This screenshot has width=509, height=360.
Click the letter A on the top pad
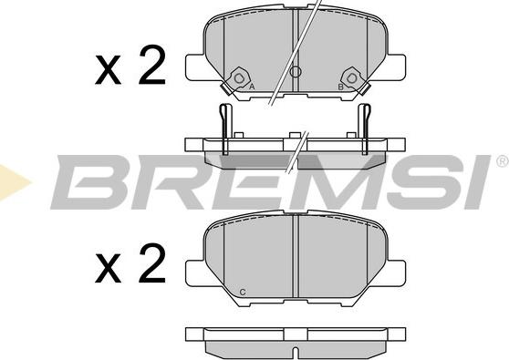click(252, 87)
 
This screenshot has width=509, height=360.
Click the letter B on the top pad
click(341, 87)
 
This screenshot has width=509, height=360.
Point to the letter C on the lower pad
click(242, 293)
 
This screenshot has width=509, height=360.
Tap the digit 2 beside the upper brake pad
click(152, 64)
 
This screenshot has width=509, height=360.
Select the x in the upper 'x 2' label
click(108, 70)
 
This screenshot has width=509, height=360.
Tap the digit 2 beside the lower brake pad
click(152, 262)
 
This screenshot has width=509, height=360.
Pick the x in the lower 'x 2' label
click(108, 269)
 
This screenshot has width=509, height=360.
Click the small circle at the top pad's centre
click(295, 71)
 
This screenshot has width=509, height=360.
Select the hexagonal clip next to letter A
click(239, 77)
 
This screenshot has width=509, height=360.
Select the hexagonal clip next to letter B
click(352, 77)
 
